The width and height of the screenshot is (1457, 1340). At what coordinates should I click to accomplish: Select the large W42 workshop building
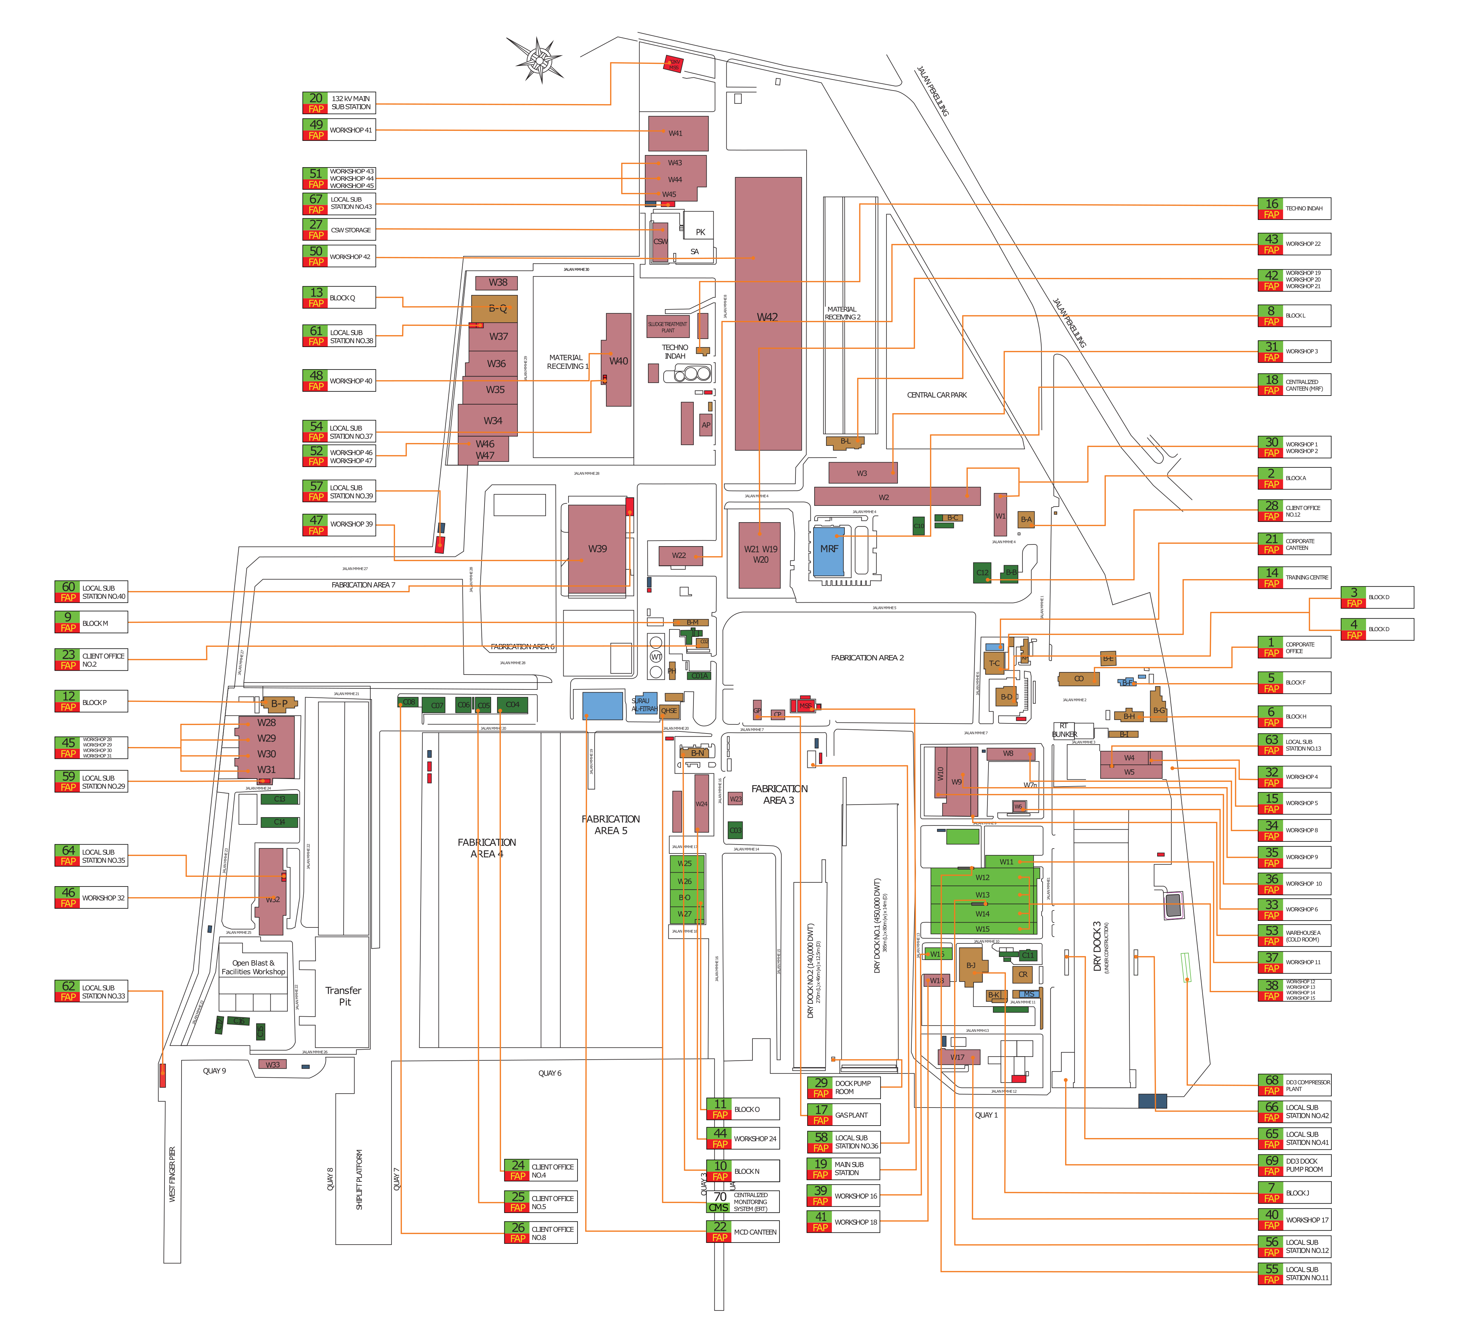pos(767,317)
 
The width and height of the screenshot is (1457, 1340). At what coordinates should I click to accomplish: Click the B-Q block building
pos(495,308)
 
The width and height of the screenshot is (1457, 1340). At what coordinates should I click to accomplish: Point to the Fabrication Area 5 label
pos(610,824)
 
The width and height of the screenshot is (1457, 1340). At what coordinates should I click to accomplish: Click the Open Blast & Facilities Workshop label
pos(253,967)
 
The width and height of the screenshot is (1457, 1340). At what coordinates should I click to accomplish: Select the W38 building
pos(497,283)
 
